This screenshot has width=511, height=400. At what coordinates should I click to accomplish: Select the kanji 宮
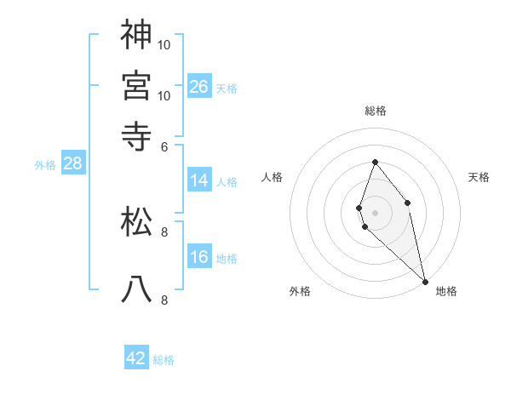(136, 85)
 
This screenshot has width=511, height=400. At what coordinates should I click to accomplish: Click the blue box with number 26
(199, 86)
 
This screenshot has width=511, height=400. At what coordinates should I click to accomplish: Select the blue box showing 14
(199, 180)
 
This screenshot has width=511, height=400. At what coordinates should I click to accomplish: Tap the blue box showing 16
(199, 257)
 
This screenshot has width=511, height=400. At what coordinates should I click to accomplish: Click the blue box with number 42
(136, 358)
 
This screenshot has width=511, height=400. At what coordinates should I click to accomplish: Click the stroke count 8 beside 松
(164, 231)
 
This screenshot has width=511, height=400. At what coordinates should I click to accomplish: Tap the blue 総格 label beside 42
(164, 360)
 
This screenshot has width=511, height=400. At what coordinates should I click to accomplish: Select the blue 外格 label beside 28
(45, 166)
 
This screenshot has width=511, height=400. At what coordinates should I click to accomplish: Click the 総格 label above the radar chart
(376, 111)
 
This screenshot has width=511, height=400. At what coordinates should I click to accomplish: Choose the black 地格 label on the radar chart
(446, 291)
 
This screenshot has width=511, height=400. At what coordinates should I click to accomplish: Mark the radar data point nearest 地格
(425, 282)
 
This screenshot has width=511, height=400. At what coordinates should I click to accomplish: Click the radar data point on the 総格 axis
(375, 162)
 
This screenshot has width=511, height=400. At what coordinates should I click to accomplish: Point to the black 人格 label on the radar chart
(273, 177)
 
